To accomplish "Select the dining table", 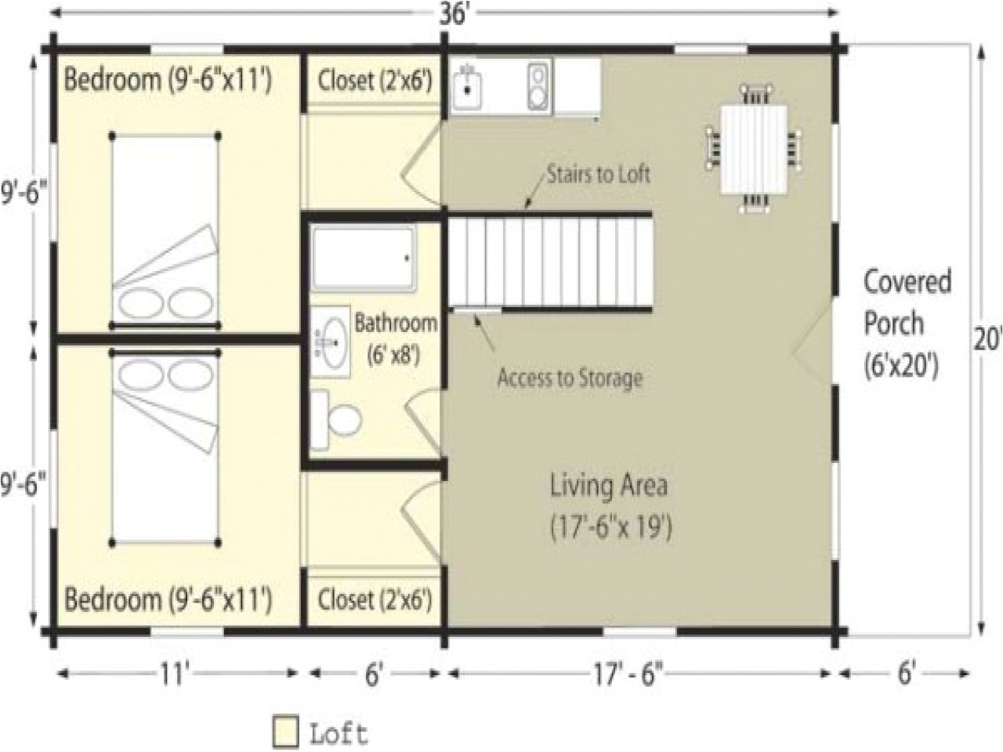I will [753, 150].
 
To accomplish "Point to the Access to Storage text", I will [570, 378].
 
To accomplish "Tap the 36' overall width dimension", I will [452, 15].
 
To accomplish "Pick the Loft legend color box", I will [285, 732].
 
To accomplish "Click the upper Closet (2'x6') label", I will [375, 80].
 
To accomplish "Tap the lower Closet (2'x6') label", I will [375, 601].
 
